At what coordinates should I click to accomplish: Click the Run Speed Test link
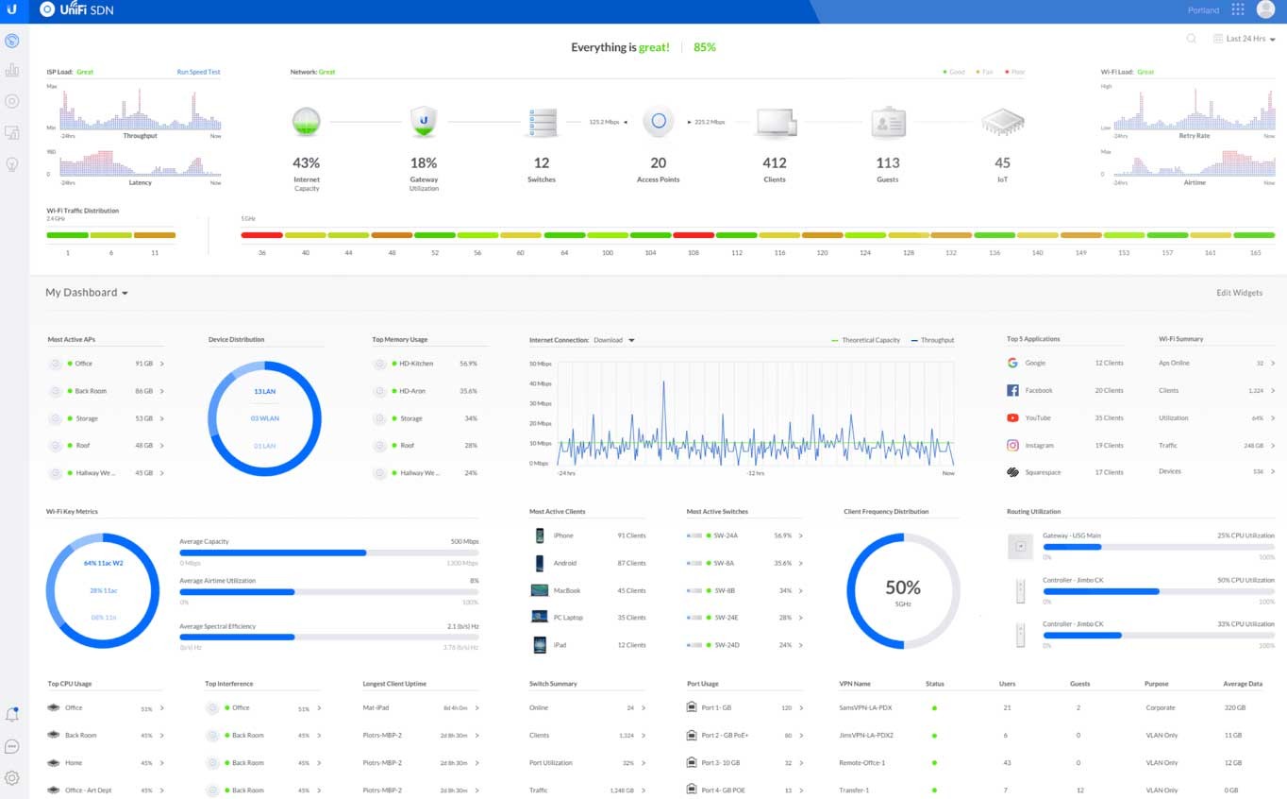(x=198, y=72)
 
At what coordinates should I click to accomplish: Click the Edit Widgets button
(x=1239, y=293)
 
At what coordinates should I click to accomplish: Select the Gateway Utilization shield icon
(x=424, y=122)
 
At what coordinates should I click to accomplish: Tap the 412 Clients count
(x=774, y=162)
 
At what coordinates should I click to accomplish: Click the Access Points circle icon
(x=659, y=121)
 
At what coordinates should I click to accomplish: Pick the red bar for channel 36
(x=261, y=235)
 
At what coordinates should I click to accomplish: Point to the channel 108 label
(x=694, y=253)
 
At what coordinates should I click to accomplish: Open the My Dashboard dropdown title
(x=86, y=293)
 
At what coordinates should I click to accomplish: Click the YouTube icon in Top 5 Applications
(x=1012, y=417)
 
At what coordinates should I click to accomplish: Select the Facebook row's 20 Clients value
(x=1109, y=390)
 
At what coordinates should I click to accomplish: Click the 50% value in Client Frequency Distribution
(x=903, y=587)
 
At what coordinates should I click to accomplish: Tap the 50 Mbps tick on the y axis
(x=540, y=364)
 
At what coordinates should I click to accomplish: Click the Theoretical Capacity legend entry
(x=865, y=340)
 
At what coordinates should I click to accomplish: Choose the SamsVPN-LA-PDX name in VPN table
(x=865, y=707)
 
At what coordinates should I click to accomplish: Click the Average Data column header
(x=1242, y=684)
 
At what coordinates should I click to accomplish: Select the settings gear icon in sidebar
(x=12, y=778)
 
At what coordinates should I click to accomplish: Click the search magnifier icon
(x=1192, y=39)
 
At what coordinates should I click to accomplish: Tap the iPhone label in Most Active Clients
(x=563, y=535)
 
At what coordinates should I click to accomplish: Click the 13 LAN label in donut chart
(x=264, y=391)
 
